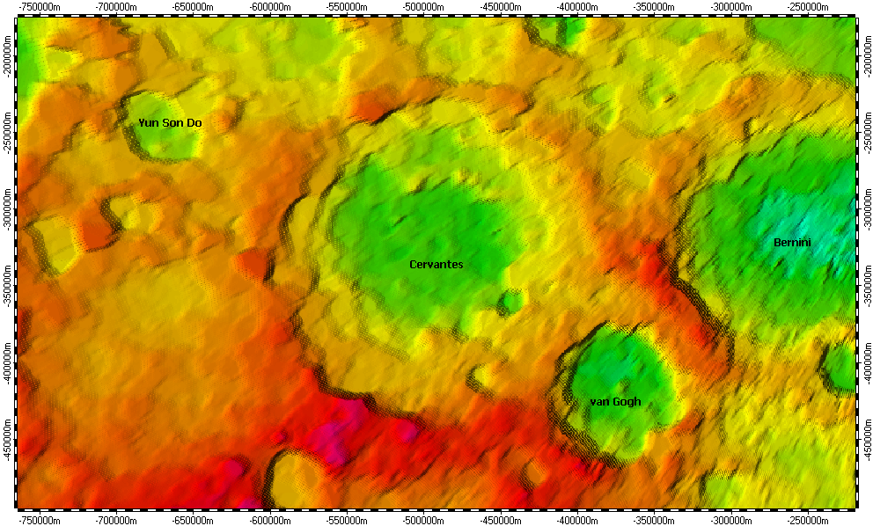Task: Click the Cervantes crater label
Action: pos(436,264)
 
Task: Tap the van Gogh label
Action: pos(615,402)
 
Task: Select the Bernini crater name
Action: pos(792,242)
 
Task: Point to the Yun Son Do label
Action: pos(170,123)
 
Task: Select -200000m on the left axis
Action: pos(8,59)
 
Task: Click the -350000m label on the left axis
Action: pos(8,289)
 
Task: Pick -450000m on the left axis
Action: pos(8,442)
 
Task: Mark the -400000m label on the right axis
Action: pos(865,366)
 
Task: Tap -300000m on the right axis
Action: pos(865,213)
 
